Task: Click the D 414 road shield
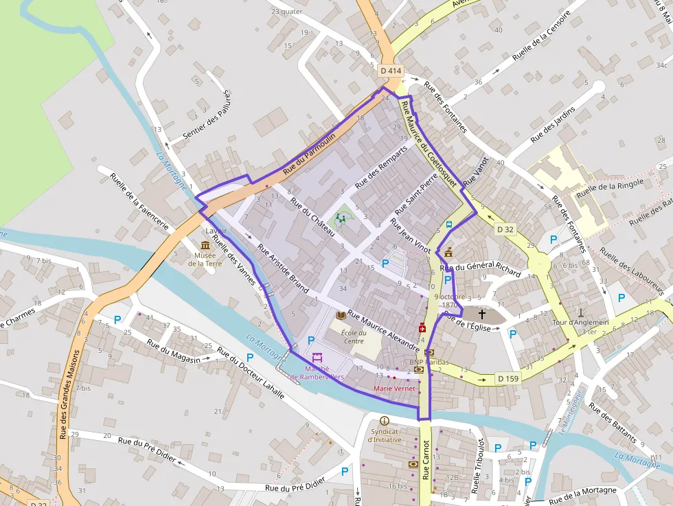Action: click(x=391, y=71)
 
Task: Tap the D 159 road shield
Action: click(x=508, y=378)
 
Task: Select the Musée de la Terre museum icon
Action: click(x=205, y=245)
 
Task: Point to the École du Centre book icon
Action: click(x=341, y=315)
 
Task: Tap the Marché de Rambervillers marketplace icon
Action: click(x=317, y=358)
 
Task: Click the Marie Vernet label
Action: click(x=394, y=389)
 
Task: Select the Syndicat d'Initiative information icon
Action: click(x=384, y=421)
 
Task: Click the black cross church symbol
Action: click(x=482, y=314)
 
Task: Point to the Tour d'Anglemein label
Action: click(x=580, y=323)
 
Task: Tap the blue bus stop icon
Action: click(x=449, y=225)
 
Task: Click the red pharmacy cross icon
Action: click(x=422, y=328)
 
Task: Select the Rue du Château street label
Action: click(x=312, y=217)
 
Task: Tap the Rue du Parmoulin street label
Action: click(x=310, y=151)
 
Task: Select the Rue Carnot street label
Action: click(x=426, y=459)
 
